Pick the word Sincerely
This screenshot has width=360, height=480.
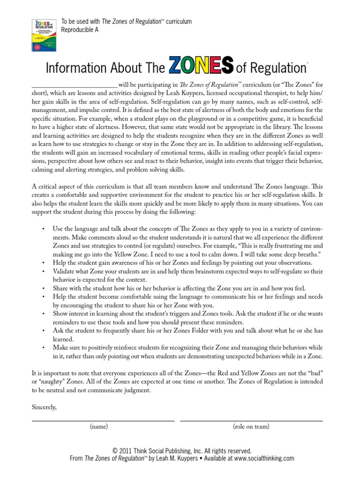pos(44,407)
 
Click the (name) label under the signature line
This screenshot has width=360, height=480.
pos(99,427)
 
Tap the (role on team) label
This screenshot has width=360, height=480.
pos(251,427)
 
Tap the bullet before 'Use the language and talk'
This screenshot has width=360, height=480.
pos(44,228)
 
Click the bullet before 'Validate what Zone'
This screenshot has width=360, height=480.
pos(44,271)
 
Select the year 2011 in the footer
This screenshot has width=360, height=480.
pos(127,450)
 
